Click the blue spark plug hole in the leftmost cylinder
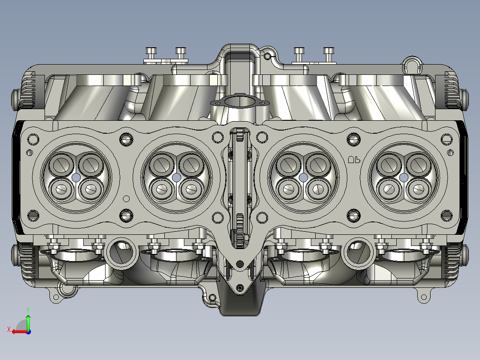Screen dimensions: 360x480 coord(75,177)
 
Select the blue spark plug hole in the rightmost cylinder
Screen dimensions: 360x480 coord(403,177)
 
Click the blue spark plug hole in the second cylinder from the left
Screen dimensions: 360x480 coord(176,177)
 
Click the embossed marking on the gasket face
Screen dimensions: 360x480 coord(354,159)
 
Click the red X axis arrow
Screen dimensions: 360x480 coord(17,331)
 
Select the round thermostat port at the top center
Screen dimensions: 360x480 coord(240,102)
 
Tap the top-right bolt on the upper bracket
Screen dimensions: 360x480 coord(328,51)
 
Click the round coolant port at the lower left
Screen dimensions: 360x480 coord(119,252)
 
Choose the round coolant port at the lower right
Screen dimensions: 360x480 coord(359,252)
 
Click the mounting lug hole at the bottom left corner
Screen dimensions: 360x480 coord(57,296)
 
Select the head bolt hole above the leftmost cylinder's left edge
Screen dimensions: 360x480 coord(33,139)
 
